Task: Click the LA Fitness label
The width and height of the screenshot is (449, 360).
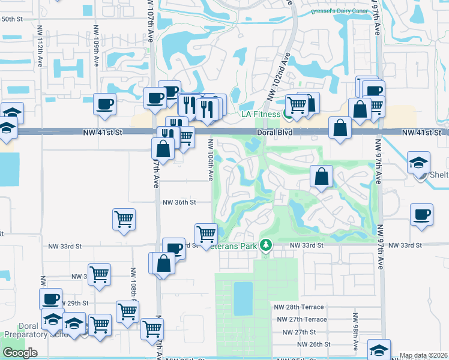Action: tap(261, 113)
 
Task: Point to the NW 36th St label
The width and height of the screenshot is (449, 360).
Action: tap(179, 203)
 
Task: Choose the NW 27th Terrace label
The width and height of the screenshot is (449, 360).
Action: tap(300, 319)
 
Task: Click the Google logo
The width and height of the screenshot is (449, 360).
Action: tap(20, 353)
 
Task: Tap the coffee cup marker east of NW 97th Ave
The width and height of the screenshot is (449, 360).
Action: tap(422, 215)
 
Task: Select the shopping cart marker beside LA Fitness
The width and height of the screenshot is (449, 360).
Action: tap(297, 106)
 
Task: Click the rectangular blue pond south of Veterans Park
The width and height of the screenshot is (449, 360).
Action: tap(243, 298)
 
